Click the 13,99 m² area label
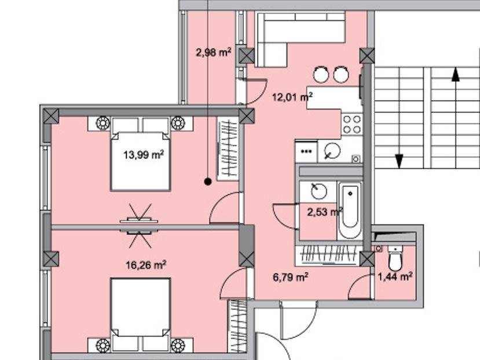144,155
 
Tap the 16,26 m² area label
146,265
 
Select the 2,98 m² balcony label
214,53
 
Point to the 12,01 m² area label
292,97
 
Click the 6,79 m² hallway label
290,277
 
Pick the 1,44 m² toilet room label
395,277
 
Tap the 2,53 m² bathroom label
324,211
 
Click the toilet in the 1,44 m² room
395,258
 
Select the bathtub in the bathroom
350,210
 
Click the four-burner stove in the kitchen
351,124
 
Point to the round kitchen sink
332,150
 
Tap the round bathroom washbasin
318,190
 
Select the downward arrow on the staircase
399,117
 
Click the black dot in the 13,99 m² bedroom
208,182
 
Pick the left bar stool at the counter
321,75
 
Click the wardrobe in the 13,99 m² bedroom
228,149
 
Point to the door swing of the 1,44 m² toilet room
359,286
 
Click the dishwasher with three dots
306,151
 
